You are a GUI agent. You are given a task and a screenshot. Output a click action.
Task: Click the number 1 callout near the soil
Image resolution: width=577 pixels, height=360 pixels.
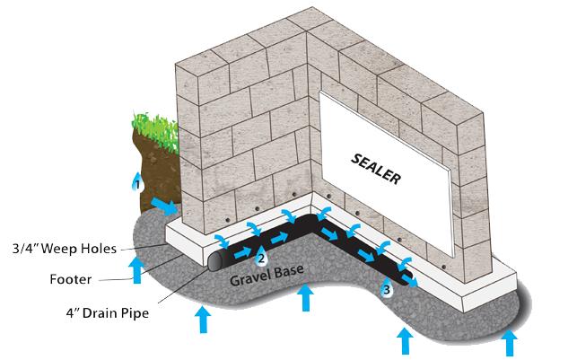(137, 184)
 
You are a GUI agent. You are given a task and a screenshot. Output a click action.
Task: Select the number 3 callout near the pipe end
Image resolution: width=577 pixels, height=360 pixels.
(386, 289)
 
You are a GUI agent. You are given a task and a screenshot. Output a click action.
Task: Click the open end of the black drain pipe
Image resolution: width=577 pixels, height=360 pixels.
(216, 261)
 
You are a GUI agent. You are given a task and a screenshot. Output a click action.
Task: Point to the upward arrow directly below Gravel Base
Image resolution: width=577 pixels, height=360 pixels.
(307, 297)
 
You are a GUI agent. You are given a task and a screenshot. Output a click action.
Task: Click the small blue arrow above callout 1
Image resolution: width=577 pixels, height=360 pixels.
(136, 173)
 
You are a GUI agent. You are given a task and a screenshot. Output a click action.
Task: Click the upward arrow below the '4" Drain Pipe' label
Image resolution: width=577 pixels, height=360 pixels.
(203, 320)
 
